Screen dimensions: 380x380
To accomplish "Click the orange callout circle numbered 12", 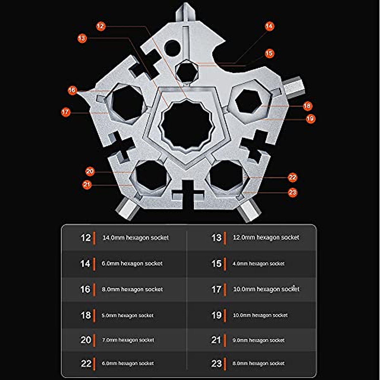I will pyautogui.click(x=101, y=26).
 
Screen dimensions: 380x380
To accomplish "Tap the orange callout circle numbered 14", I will pyautogui.click(x=269, y=26).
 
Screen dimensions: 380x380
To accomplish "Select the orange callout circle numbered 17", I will pyautogui.click(x=66, y=112).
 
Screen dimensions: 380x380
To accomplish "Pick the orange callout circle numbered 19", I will pyautogui.click(x=310, y=119).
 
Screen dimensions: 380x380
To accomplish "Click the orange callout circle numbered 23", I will pyautogui.click(x=293, y=192).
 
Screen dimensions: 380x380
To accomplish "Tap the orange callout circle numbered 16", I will pyautogui.click(x=72, y=90).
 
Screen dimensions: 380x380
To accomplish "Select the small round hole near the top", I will pyautogui.click(x=173, y=48).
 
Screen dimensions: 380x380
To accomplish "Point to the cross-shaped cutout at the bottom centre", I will pyautogui.click(x=188, y=193).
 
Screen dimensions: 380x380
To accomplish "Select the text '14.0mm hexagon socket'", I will pyautogui.click(x=136, y=238).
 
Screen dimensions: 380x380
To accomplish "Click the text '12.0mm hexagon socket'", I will pyautogui.click(x=266, y=237).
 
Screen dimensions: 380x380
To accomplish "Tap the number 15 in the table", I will pyautogui.click(x=216, y=263).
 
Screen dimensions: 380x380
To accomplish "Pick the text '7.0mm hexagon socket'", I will pyautogui.click(x=128, y=340).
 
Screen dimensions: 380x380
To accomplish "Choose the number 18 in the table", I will pyautogui.click(x=85, y=315).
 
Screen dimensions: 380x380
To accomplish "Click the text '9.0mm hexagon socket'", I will pyautogui.click(x=258, y=340).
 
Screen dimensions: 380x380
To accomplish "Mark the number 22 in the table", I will pyautogui.click(x=86, y=364).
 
